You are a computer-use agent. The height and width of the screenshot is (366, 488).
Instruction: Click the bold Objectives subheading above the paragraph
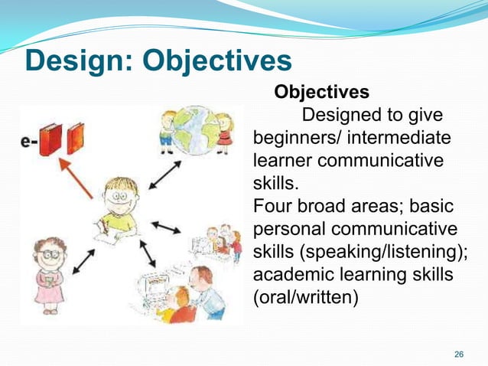coord(321,93)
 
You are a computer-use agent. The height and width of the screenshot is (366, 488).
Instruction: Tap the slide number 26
coord(459,354)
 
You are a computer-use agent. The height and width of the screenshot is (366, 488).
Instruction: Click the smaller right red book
coord(76,139)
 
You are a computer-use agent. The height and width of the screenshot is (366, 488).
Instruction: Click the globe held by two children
coord(196,130)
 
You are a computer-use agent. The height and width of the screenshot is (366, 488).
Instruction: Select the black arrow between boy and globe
coord(164,175)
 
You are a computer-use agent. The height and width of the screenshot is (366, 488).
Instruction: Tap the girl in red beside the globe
coord(224,130)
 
